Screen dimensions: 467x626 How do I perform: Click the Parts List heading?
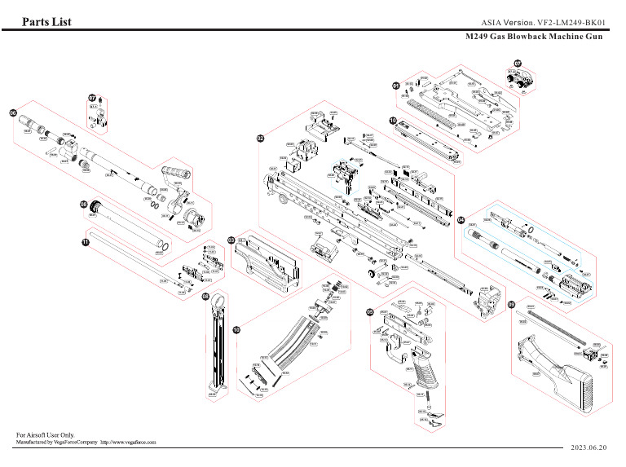point(46,22)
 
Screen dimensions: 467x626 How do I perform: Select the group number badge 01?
point(396,86)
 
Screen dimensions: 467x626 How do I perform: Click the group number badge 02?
point(261,139)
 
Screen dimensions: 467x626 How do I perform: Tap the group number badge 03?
point(231,240)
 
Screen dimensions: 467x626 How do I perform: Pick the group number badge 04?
point(461,220)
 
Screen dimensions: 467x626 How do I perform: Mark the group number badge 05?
point(370,312)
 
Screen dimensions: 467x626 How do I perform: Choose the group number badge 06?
point(13,112)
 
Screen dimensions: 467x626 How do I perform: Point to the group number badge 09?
point(512,306)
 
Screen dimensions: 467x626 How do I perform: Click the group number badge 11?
point(84,242)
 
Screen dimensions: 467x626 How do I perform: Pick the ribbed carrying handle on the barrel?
point(176,174)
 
